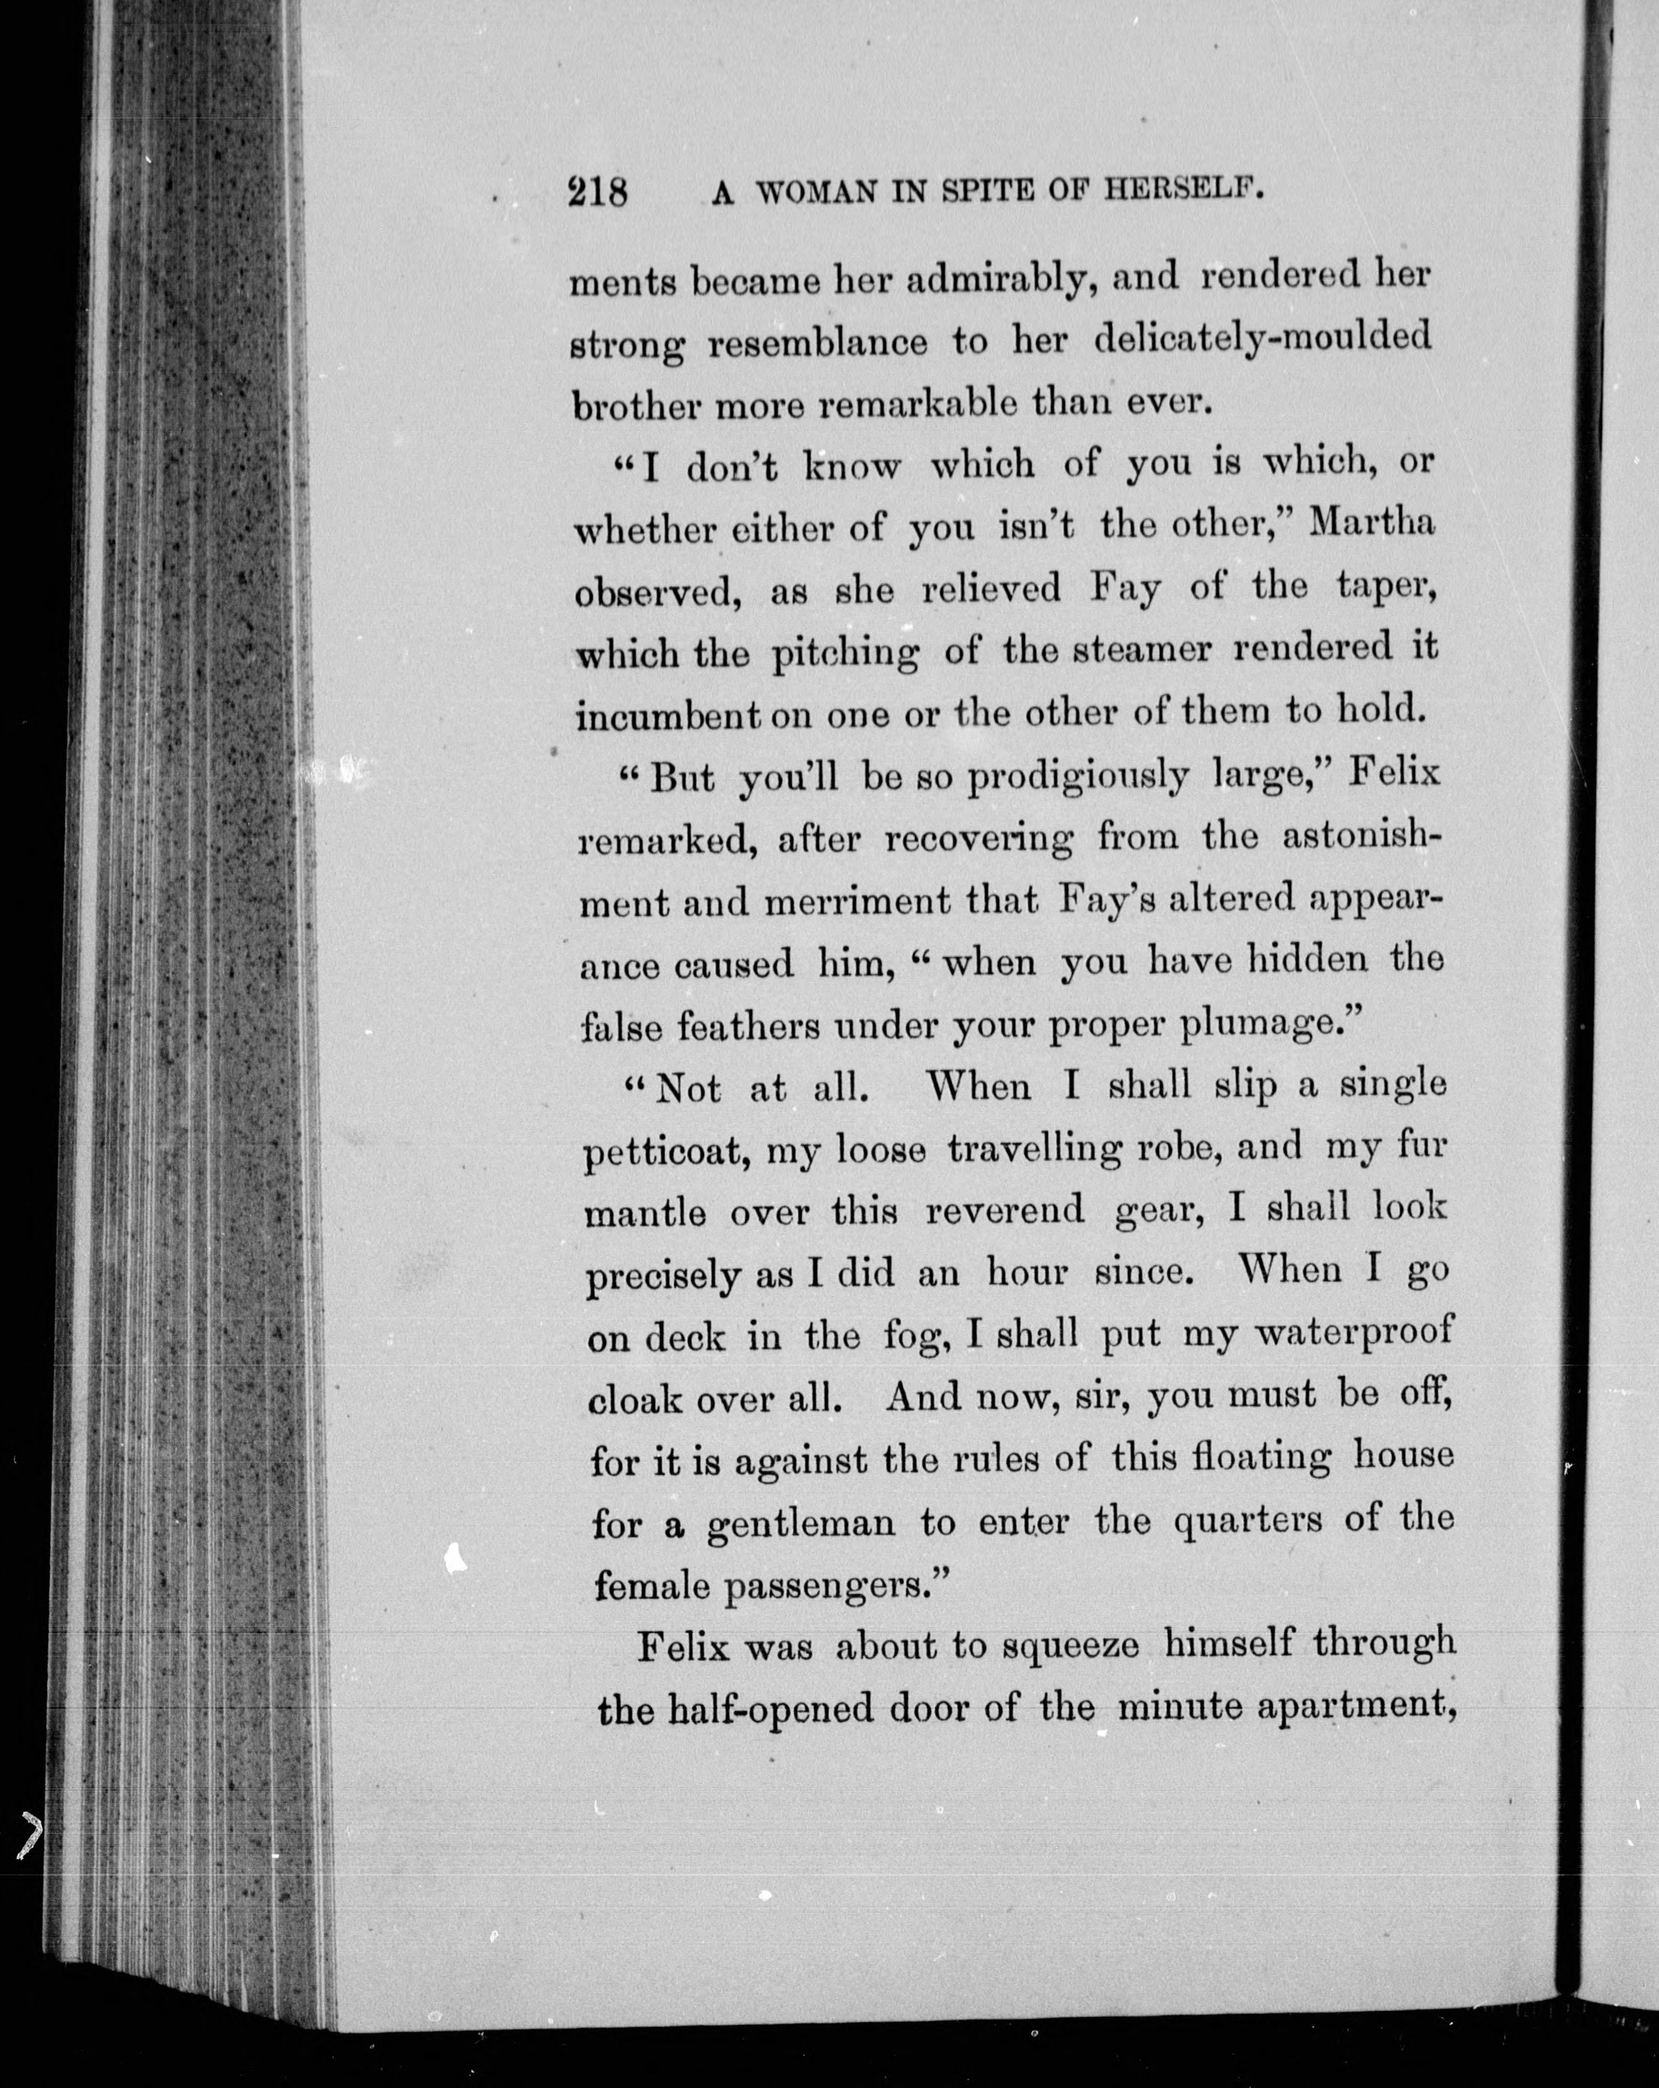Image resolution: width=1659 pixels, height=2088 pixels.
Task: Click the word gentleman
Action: (800, 1525)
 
